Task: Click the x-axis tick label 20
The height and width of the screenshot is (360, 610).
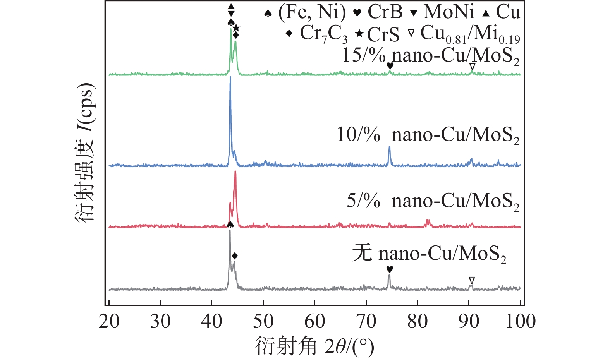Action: [109, 321]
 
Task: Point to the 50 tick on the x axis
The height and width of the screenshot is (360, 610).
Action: [263, 321]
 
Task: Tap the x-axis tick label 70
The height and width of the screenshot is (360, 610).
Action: [366, 321]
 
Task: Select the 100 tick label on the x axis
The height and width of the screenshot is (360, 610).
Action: [521, 321]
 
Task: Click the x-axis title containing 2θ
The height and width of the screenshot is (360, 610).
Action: [314, 346]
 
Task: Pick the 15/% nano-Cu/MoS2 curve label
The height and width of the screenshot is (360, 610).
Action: [430, 56]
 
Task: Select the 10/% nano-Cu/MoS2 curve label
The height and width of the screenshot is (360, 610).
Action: [428, 135]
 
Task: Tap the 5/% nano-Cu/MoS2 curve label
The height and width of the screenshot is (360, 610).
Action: [433, 201]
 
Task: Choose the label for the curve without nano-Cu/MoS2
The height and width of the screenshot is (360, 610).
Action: [429, 254]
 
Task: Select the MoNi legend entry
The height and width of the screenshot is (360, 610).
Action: [442, 13]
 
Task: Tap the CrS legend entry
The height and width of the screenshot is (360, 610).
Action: [378, 34]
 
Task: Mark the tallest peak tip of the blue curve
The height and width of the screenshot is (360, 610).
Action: [230, 77]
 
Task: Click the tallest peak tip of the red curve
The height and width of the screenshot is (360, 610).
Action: [235, 171]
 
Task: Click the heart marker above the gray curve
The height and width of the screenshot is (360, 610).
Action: [390, 269]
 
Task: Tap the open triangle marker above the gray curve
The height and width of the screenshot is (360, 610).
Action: [471, 280]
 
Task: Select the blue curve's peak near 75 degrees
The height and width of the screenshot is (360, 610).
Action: [390, 147]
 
